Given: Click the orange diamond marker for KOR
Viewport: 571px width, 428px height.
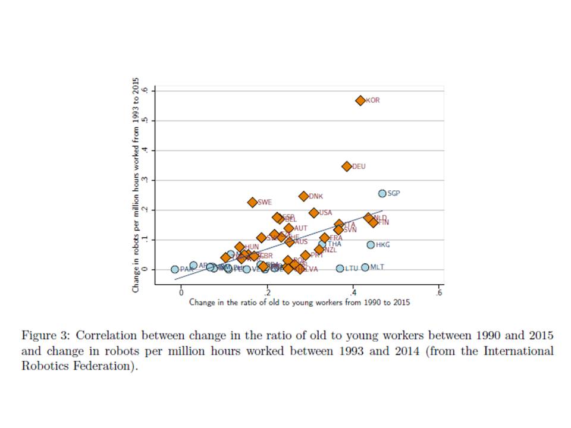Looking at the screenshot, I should [x=360, y=100].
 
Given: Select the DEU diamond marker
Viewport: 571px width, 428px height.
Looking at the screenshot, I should [x=347, y=166].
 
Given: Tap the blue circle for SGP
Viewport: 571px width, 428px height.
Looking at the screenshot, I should [x=382, y=193].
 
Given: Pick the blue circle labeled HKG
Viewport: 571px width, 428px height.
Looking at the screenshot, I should [x=371, y=244].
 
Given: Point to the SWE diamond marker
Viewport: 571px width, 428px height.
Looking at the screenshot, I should [x=252, y=202].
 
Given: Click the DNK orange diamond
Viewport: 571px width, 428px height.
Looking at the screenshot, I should [x=303, y=196].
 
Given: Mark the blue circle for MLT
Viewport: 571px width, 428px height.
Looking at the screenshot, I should [x=365, y=267].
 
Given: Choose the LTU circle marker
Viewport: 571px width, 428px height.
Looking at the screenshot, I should [x=340, y=268].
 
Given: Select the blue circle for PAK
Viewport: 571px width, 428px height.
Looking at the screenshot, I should [x=175, y=269].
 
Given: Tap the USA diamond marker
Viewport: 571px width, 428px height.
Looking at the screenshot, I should [x=313, y=212].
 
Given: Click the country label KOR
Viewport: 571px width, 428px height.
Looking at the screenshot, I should [x=372, y=100].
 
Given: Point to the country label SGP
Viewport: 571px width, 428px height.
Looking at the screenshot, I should [x=394, y=193].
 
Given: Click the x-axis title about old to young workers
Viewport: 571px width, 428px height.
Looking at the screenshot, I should [x=299, y=303].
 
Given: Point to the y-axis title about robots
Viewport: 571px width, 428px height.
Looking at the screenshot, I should [x=136, y=185].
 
